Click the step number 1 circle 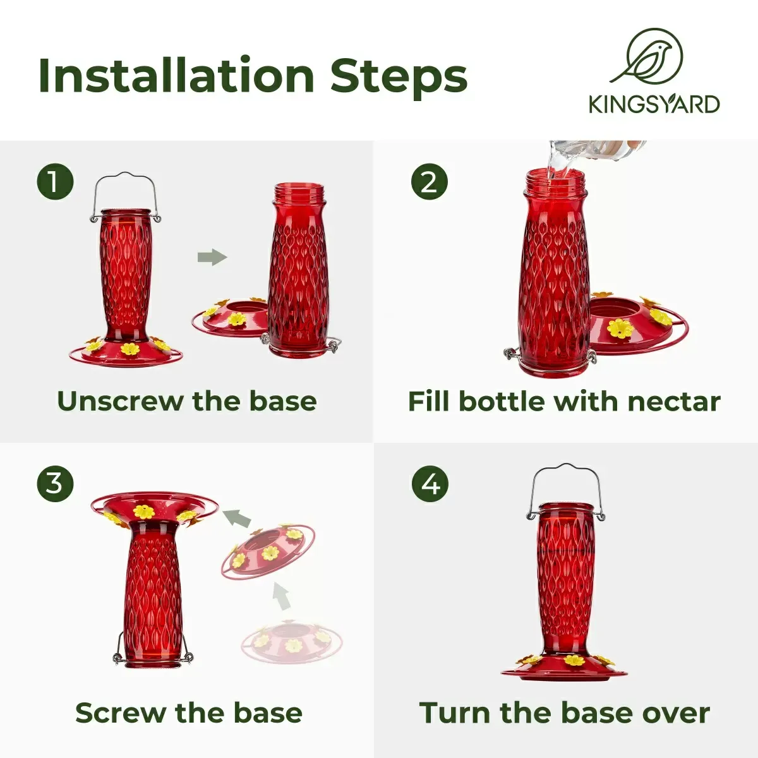55,182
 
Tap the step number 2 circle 430,182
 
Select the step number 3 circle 55,483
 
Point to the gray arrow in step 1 212,257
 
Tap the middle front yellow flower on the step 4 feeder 574,660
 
